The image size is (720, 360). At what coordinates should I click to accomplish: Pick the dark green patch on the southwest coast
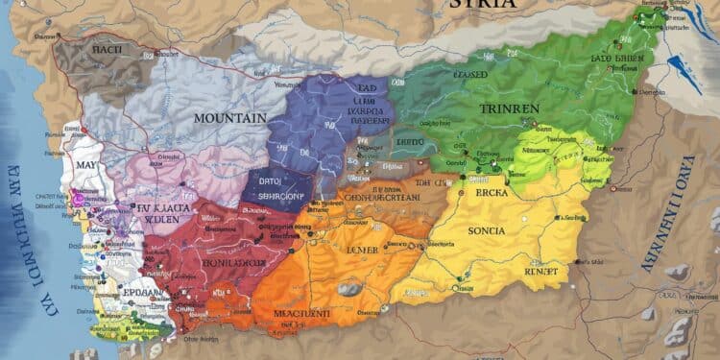pos(144,331)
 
